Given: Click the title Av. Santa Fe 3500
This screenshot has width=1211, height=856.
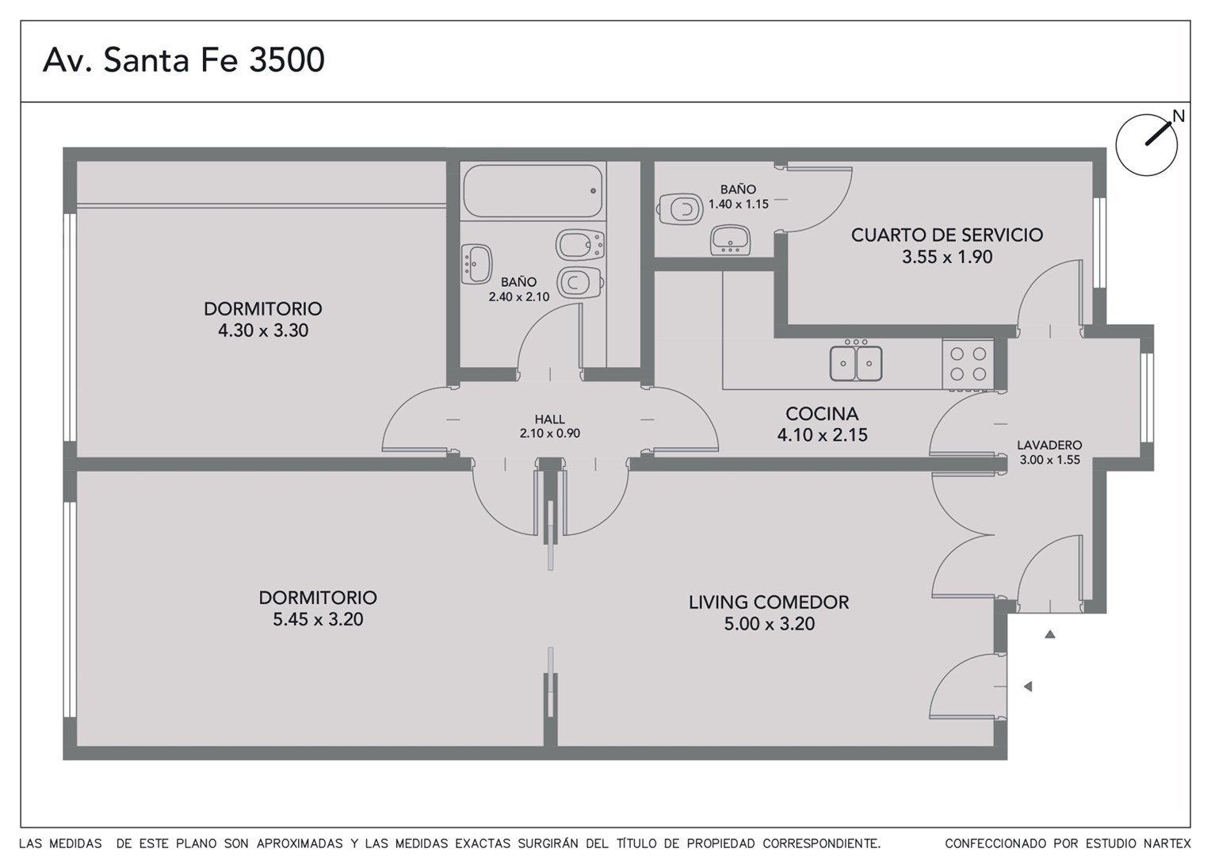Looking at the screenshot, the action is coord(184,59).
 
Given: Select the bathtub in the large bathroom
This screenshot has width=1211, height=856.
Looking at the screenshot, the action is coord(533,191).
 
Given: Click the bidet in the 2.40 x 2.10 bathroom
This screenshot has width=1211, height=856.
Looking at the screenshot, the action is coord(580,245).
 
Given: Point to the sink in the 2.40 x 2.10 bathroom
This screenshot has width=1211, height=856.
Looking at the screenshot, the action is coord(476,264).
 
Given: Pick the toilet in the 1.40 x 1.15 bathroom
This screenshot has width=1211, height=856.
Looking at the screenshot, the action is coord(680,208).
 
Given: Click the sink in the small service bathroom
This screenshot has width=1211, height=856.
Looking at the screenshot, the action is coord(730,240).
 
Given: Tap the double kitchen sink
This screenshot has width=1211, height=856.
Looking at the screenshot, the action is coord(856,361).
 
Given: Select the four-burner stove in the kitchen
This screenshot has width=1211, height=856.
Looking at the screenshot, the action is coord(968,364).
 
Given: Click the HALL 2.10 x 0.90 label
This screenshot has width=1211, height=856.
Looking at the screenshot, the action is coord(550,426).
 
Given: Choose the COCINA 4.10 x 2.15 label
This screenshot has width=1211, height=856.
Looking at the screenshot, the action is coord(823,424).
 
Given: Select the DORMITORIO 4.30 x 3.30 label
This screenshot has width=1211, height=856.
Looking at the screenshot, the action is coord(263,319).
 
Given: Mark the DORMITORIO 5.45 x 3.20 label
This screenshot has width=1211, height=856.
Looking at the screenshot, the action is coord(318,608).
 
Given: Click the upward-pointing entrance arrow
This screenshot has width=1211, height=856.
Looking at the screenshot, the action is coord(1050,634).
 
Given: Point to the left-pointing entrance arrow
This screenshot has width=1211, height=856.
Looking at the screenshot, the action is coord(1028,686).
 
